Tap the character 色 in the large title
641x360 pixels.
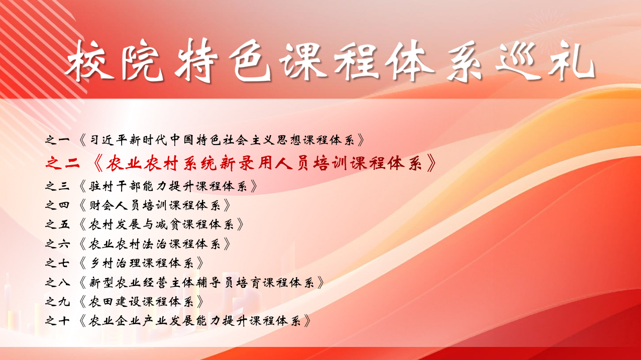pyautogui.click(x=252, y=61)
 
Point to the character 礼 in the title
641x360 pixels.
pyautogui.click(x=572, y=61)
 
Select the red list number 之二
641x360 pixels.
pyautogui.click(x=62, y=164)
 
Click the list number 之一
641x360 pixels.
pyautogui.click(x=57, y=140)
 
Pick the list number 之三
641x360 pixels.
pyautogui.click(x=57, y=186)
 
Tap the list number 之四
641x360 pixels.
pyautogui.click(x=57, y=205)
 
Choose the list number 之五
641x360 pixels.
pyautogui.click(x=57, y=224)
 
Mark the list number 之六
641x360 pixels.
pyautogui.click(x=57, y=244)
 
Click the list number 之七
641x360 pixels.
pyautogui.click(x=57, y=263)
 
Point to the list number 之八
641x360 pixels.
pyautogui.click(x=57, y=283)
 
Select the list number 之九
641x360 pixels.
pyautogui.click(x=57, y=302)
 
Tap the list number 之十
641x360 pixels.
pyautogui.click(x=57, y=321)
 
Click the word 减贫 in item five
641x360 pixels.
pyautogui.click(x=167, y=224)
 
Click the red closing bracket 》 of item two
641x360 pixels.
pyautogui.click(x=432, y=164)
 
